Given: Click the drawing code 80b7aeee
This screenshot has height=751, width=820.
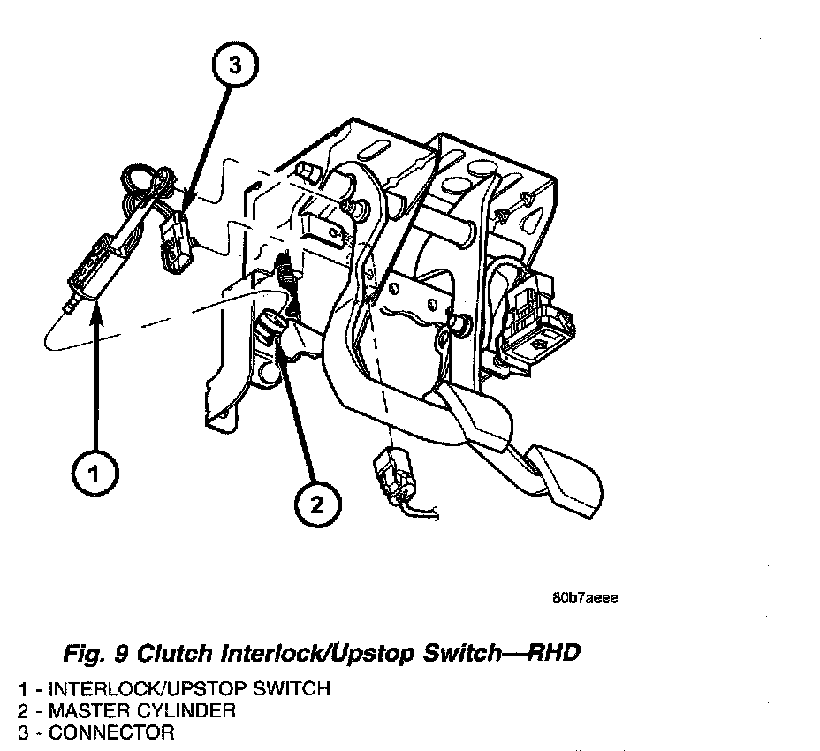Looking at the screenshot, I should pos(585,597).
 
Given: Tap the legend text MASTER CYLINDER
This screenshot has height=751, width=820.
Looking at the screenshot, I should pos(142,710).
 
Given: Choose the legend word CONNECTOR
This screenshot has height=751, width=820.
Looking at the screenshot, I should pos(111,732).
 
